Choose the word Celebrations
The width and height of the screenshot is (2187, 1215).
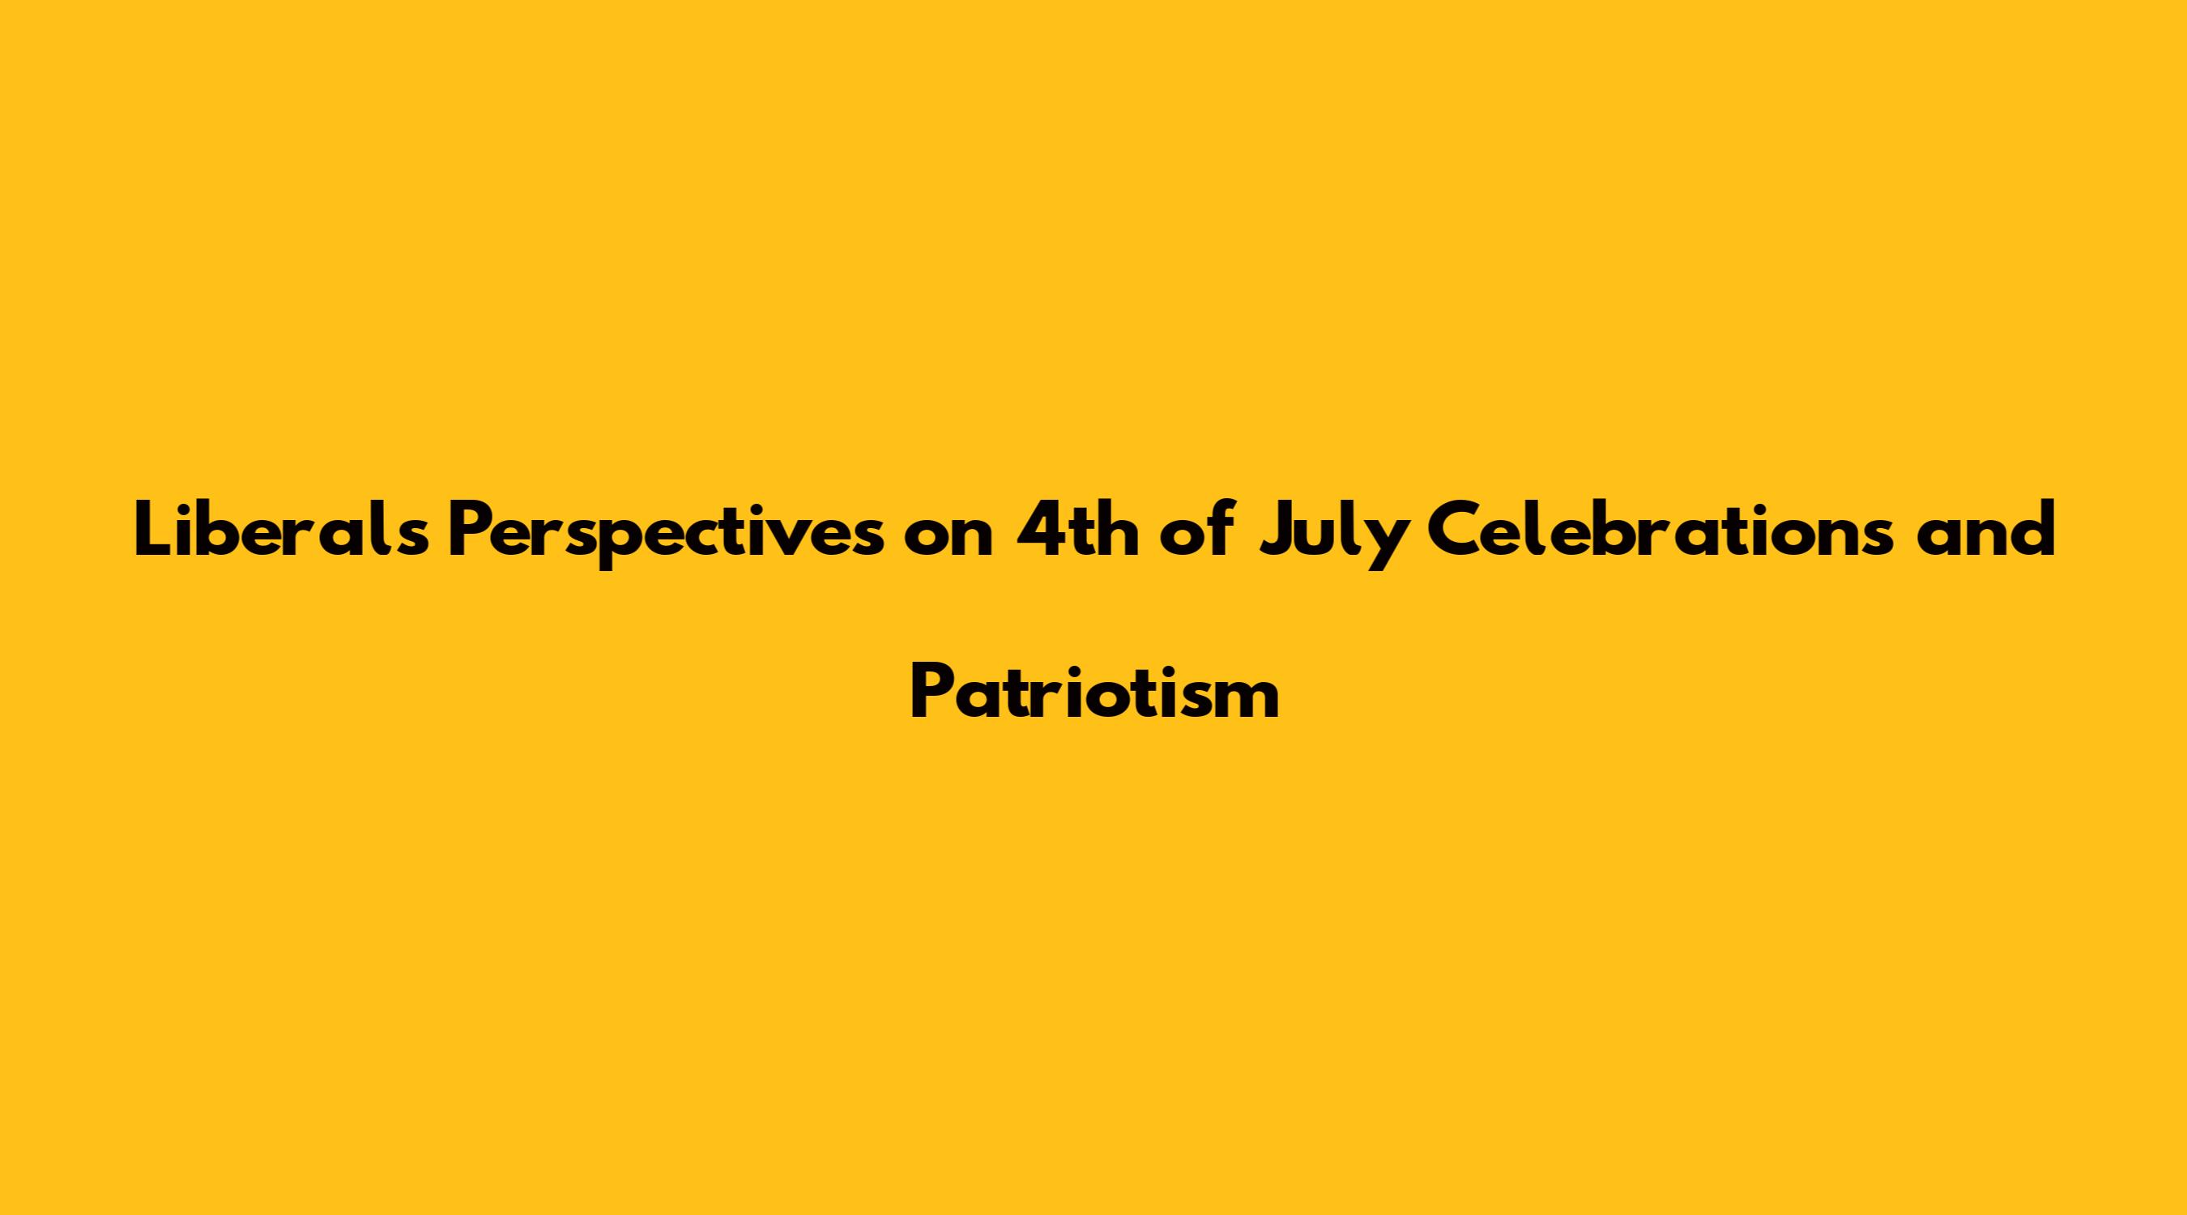tap(1656, 531)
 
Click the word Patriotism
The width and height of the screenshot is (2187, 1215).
tap(1094, 692)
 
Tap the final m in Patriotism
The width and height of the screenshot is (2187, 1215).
tap(1247, 701)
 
